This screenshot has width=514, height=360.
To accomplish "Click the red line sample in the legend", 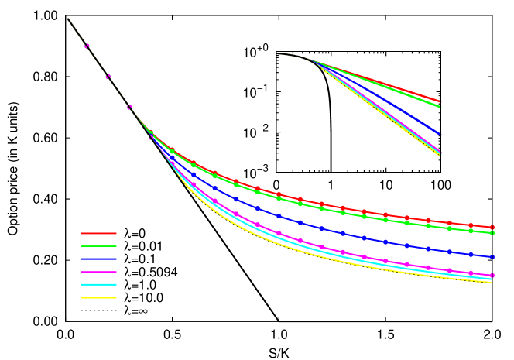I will tap(98, 233).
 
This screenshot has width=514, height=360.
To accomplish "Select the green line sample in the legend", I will tap(98, 246).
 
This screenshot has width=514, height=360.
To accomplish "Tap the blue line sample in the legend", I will tap(98, 259).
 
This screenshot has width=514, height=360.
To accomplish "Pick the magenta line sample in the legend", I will tap(98, 272).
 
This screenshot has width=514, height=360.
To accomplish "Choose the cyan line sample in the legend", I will tap(98, 285).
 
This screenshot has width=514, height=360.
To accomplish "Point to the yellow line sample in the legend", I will tap(98, 297).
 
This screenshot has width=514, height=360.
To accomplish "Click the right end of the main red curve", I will tap(492, 227).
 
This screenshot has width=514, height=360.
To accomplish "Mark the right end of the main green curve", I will tap(492, 233).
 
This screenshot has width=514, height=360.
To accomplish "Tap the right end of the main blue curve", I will tap(492, 257).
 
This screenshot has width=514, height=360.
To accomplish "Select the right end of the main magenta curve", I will tap(492, 276).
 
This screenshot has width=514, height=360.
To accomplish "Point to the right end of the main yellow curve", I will tap(491, 283).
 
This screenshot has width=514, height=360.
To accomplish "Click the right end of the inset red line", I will tap(441, 101).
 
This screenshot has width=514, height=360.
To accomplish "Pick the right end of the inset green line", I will tap(441, 107).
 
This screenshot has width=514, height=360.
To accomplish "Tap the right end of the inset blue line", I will tap(441, 135).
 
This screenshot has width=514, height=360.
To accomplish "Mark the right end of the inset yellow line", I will tap(441, 156).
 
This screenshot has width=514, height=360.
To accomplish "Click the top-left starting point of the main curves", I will tap(67, 19).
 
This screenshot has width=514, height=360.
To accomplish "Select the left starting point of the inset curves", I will tap(277, 53).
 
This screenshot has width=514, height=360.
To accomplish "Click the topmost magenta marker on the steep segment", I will tap(87, 46).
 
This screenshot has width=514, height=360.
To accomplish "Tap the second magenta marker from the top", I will tap(108, 77).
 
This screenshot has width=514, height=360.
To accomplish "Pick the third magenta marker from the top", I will tap(129, 107).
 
